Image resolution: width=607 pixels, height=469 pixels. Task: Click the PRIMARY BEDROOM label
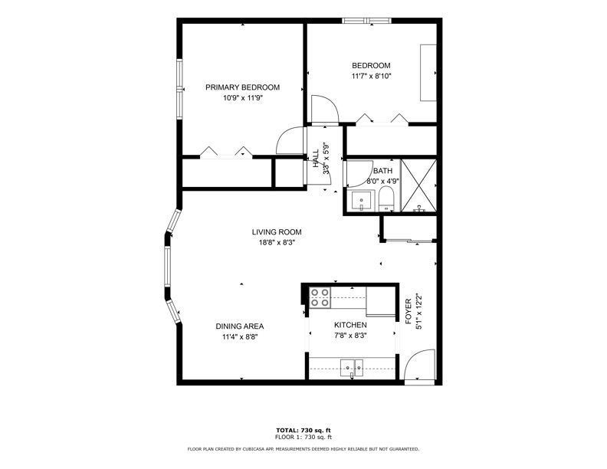pyautogui.click(x=242, y=87)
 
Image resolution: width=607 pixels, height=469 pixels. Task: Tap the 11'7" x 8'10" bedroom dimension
pyautogui.click(x=371, y=76)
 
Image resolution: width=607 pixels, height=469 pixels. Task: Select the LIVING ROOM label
pyautogui.click(x=277, y=232)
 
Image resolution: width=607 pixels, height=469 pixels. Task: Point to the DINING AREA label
pyautogui.click(x=240, y=326)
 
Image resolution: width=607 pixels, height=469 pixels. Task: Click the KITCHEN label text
pyautogui.click(x=350, y=325)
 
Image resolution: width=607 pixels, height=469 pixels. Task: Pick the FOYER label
pyautogui.click(x=408, y=311)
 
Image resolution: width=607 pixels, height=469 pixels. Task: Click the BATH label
pyautogui.click(x=382, y=171)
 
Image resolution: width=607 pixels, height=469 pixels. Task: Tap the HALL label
pyautogui.click(x=316, y=159)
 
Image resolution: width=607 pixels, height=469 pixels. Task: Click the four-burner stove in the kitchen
pyautogui.click(x=320, y=297)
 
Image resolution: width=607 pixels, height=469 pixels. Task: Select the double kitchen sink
pyautogui.click(x=352, y=367)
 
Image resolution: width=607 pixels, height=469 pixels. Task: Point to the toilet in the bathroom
pyautogui.click(x=386, y=198)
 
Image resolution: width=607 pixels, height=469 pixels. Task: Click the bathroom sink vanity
pyautogui.click(x=362, y=201)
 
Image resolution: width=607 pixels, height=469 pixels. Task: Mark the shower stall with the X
pyautogui.click(x=418, y=185)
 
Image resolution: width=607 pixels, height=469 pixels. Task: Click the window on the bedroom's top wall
pyautogui.click(x=367, y=21)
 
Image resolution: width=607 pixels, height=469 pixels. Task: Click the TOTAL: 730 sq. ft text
pyautogui.click(x=303, y=430)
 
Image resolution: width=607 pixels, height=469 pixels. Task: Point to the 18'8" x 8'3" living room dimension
pyautogui.click(x=277, y=243)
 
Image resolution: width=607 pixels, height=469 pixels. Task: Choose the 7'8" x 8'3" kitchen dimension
pyautogui.click(x=350, y=336)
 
